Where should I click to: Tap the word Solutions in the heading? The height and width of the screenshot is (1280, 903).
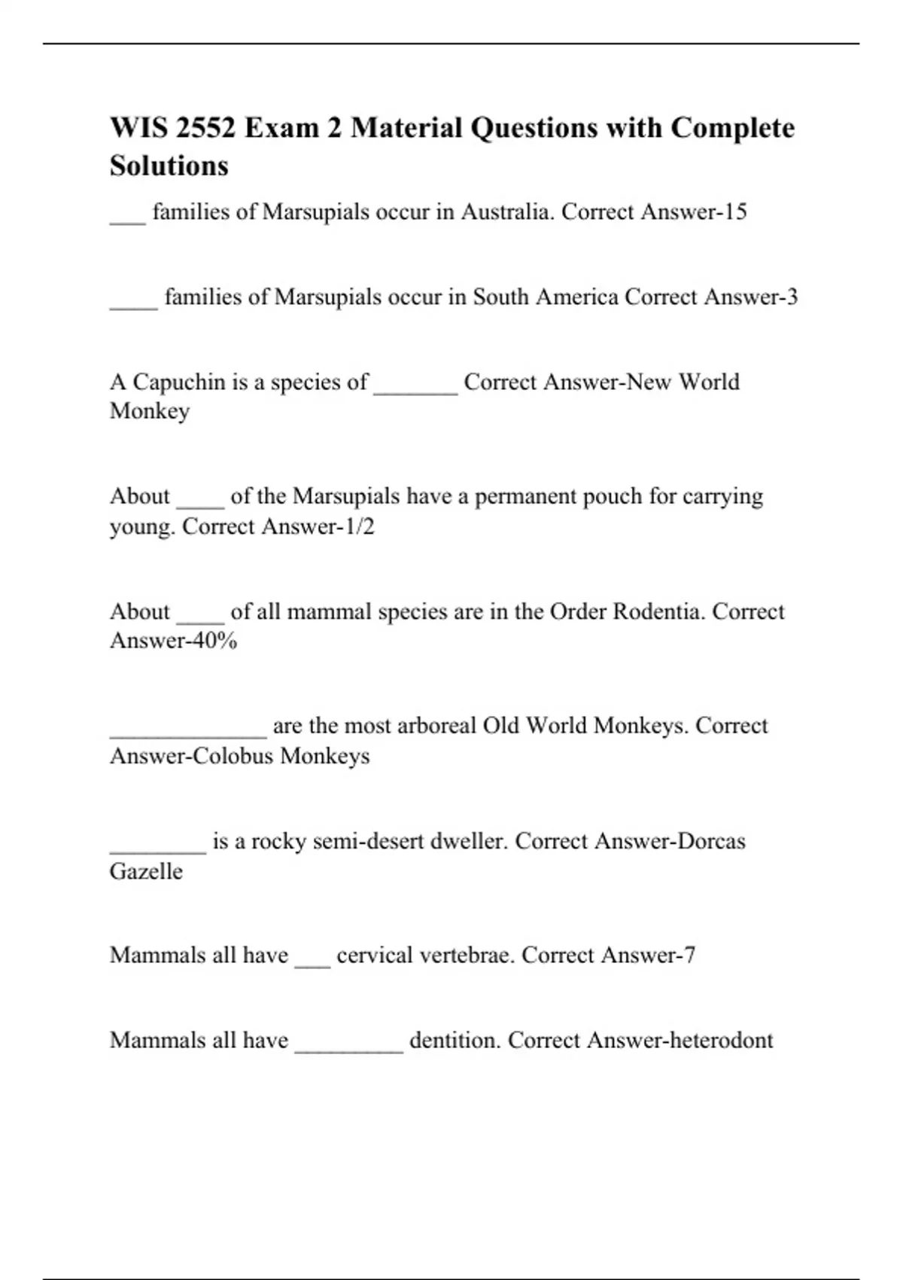coord(169,166)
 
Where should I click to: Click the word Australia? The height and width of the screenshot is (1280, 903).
coord(506,212)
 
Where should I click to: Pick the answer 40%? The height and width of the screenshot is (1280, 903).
coord(215,640)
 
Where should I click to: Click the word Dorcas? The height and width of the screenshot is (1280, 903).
coord(711,841)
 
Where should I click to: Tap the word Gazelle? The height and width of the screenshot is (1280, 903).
coord(146,871)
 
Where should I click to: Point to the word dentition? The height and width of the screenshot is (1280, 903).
coord(454,1040)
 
